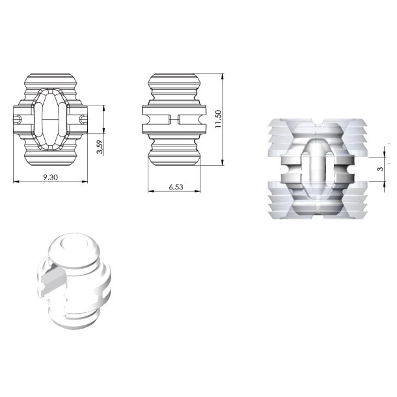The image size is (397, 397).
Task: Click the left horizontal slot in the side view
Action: pos(156,119)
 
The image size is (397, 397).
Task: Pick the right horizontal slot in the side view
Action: pos(191,119)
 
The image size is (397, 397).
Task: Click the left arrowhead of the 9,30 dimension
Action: pos(16,181)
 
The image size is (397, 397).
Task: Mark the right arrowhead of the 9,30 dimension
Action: pos(87,181)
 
